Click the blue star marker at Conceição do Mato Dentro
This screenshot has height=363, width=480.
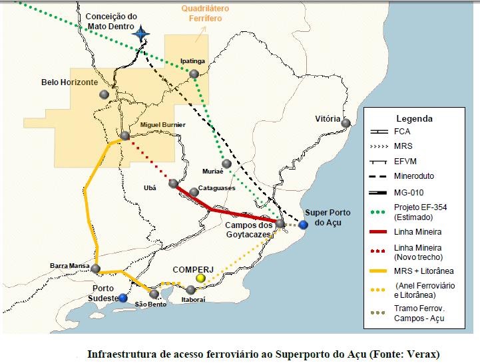click(140, 33)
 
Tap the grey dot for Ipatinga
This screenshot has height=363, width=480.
click(194, 74)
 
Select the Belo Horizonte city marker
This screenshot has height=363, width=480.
click(104, 94)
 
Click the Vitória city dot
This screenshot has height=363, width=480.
click(346, 122)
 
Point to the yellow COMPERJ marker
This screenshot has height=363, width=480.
click(200, 277)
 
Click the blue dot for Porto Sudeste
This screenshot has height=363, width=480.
click(122, 298)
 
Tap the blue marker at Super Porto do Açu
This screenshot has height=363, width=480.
click(303, 225)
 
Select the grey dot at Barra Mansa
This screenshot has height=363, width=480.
click(96, 269)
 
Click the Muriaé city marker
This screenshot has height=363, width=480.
click(227, 164)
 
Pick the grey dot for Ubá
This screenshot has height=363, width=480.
click(174, 183)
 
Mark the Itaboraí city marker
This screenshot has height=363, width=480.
click(191, 290)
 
